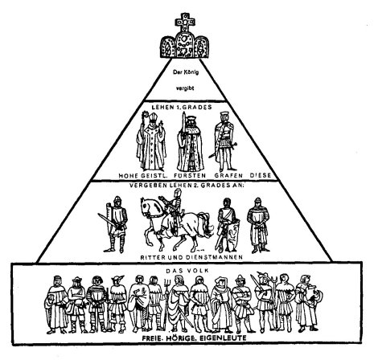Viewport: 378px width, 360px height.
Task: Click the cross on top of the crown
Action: pos(185,22)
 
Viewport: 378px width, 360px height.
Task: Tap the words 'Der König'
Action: pos(186,72)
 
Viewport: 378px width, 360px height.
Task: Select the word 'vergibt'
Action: pos(185,88)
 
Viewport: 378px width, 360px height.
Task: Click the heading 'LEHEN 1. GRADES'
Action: pos(182,107)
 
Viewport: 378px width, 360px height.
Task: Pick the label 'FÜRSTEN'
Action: pos(190,176)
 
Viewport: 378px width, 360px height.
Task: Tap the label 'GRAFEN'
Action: pos(228,176)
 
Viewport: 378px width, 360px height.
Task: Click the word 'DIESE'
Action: pos(261,175)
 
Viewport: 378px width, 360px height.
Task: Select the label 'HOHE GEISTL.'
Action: pos(143,176)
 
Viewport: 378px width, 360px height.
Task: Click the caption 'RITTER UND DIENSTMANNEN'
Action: pos(191,257)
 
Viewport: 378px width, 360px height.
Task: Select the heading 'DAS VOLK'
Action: pos(187,271)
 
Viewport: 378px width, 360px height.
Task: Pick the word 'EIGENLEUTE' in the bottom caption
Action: pos(223,338)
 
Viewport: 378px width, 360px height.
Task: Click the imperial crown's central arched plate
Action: pos(185,45)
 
